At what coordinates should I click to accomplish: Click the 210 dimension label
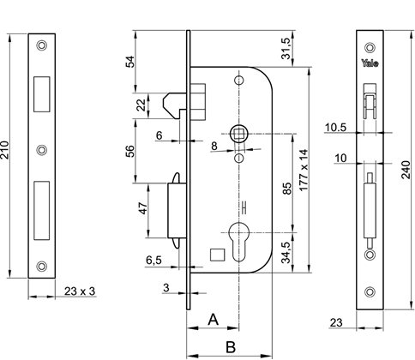pyautogui.click(x=5, y=150)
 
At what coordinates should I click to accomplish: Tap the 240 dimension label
pyautogui.click(x=406, y=170)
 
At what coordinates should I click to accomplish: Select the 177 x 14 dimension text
pyautogui.click(x=304, y=170)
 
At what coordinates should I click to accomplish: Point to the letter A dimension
pyautogui.click(x=214, y=320)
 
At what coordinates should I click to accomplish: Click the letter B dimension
pyautogui.click(x=231, y=347)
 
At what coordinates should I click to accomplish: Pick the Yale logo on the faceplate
pyautogui.click(x=370, y=63)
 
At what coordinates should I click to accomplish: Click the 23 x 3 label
pyautogui.click(x=80, y=291)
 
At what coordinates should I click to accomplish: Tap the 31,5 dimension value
pyautogui.click(x=286, y=49)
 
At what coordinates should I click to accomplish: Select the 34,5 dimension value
pyautogui.click(x=286, y=252)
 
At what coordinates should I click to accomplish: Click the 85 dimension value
pyautogui.click(x=287, y=189)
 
